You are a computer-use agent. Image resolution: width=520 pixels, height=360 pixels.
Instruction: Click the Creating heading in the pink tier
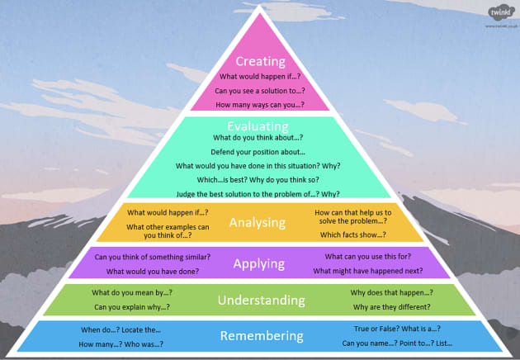[x=260, y=61]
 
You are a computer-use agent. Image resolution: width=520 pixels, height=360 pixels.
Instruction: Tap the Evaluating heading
[x=260, y=127]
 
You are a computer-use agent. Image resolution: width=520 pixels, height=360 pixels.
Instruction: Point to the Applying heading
[x=260, y=264]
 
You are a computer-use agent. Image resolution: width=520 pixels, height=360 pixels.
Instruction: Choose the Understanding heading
[x=260, y=300]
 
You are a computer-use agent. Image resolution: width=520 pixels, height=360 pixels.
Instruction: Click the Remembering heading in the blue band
[x=260, y=336]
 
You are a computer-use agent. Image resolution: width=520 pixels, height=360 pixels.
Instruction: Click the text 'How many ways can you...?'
[x=260, y=106]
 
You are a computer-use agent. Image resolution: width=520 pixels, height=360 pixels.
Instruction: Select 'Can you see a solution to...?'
[x=260, y=91]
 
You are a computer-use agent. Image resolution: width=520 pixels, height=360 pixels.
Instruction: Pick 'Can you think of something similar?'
[x=153, y=257]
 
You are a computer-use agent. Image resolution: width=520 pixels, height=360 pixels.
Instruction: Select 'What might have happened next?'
[x=368, y=271]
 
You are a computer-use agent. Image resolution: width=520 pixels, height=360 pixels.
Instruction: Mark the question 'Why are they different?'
[x=392, y=307]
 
